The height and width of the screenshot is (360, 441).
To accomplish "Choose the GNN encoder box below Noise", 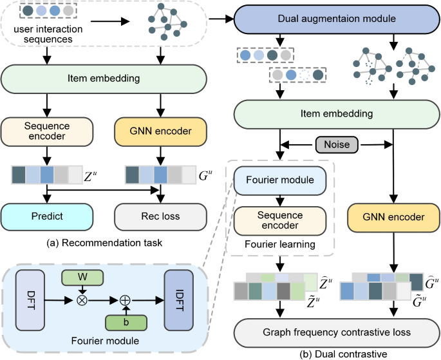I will [x=392, y=217].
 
